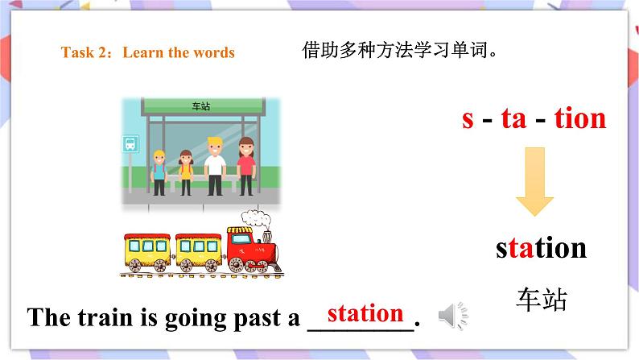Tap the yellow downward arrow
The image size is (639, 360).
534,180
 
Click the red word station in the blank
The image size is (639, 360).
365,312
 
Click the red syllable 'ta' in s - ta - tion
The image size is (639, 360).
513,118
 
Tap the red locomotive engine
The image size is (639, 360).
251,246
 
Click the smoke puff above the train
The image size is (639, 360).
257,218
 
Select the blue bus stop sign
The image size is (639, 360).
130,144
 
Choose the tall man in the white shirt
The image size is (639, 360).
214,164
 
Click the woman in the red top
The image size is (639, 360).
245,165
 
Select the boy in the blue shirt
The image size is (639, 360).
159,171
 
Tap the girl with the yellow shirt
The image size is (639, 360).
186,171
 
